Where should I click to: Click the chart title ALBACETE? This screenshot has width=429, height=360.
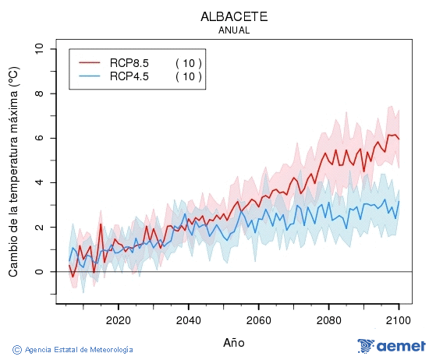pyautogui.click(x=234, y=16)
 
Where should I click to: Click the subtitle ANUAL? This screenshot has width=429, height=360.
pyautogui.click(x=234, y=30)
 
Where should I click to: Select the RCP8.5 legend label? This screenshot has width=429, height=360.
pyautogui.click(x=129, y=62)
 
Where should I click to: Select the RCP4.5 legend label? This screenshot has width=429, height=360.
pyautogui.click(x=129, y=76)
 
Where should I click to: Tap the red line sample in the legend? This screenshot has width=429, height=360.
pyautogui.click(x=90, y=62)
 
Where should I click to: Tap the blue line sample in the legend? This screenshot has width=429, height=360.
pyautogui.click(x=90, y=76)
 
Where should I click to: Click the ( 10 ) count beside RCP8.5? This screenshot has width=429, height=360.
pyautogui.click(x=188, y=62)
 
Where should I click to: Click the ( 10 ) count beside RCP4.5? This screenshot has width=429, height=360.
pyautogui.click(x=188, y=76)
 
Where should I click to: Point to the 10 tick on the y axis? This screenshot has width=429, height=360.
pyautogui.click(x=39, y=49)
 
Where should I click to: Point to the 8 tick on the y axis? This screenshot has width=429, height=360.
pyautogui.click(x=39, y=94)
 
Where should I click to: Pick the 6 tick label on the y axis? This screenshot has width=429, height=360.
pyautogui.click(x=39, y=138)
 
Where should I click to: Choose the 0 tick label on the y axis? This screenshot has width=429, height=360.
pyautogui.click(x=39, y=272)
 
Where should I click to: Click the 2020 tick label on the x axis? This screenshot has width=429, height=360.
pyautogui.click(x=118, y=319)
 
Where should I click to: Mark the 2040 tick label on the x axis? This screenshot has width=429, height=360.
pyautogui.click(x=188, y=319)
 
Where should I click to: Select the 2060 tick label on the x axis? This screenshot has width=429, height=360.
pyautogui.click(x=258, y=319)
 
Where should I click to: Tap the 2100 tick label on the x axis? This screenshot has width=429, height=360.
pyautogui.click(x=399, y=319)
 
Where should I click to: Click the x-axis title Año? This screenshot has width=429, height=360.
pyautogui.click(x=234, y=342)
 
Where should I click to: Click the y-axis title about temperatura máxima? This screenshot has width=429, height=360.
pyautogui.click(x=13, y=171)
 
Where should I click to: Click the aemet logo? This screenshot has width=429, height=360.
pyautogui.click(x=392, y=346)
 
